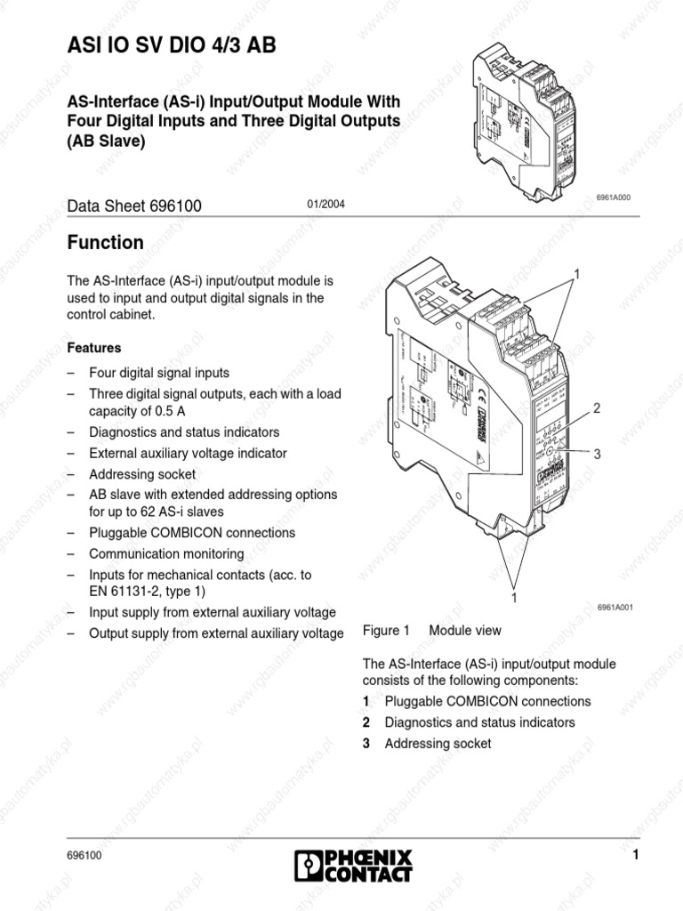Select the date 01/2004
coord(325,206)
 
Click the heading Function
coord(105,243)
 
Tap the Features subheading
coord(94,348)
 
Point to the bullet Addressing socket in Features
coord(142,474)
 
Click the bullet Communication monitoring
coord(166,553)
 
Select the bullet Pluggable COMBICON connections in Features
coord(192,533)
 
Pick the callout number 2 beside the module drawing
coord(597,408)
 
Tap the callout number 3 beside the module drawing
coord(597,454)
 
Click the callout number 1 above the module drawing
coord(576,274)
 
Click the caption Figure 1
coord(386,631)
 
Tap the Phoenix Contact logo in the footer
coord(353,865)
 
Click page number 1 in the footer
coord(636,856)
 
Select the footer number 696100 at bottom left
coord(84,856)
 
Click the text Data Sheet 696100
coord(135,206)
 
